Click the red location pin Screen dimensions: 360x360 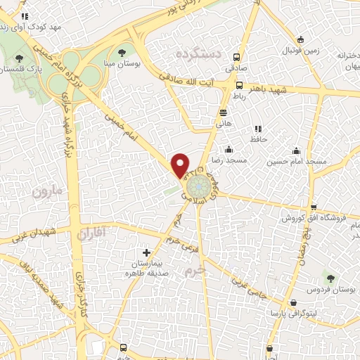[x=181, y=165]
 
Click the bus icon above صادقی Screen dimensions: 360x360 [x=236, y=57]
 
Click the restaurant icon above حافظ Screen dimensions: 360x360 [x=258, y=129]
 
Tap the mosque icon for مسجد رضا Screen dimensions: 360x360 [x=228, y=149]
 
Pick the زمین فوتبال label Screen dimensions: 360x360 [x=301, y=51]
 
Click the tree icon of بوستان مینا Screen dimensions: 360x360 [x=122, y=52]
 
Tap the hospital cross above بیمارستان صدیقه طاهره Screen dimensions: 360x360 [x=146, y=252]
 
